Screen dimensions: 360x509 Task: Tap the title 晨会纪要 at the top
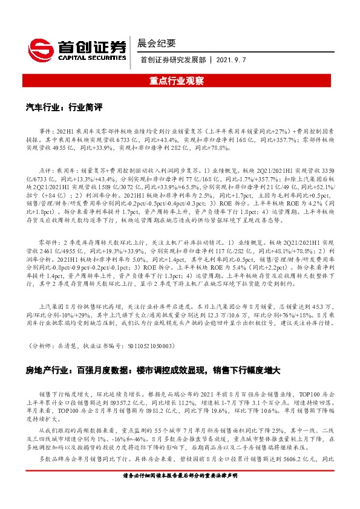(157, 43)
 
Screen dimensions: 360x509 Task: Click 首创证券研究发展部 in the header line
(173, 60)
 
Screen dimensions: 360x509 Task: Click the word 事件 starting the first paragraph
(47, 131)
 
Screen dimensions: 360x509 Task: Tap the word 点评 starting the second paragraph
(47, 170)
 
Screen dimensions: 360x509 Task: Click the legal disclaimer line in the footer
(180, 493)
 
